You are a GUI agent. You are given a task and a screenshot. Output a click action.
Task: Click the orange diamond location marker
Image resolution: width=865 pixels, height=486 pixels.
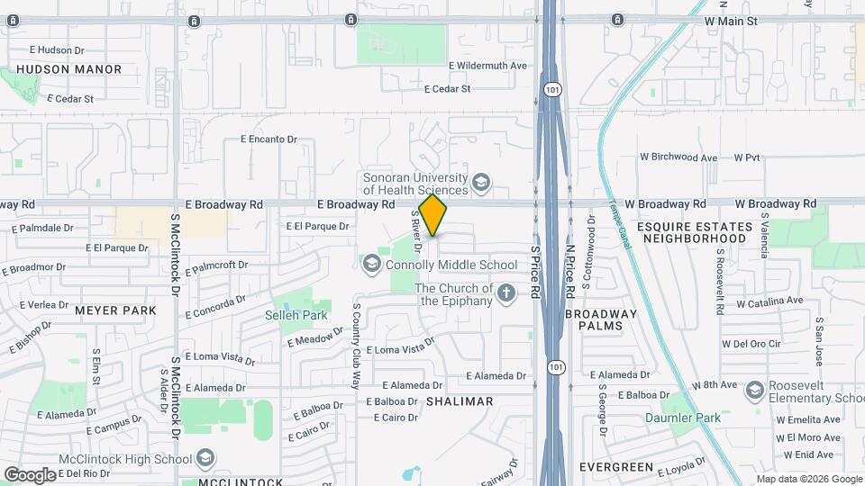click(433, 215)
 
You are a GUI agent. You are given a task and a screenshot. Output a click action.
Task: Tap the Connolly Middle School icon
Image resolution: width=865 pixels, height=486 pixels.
click(370, 265)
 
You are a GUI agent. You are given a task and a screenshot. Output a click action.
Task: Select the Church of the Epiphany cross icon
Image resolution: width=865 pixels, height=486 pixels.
click(506, 292)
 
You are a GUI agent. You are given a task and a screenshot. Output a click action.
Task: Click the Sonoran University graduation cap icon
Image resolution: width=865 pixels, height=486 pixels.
click(481, 184)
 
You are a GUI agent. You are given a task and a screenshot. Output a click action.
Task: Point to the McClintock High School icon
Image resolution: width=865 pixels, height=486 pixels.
click(205, 459)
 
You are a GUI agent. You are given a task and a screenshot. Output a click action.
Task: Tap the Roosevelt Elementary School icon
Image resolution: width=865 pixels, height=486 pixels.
click(753, 388)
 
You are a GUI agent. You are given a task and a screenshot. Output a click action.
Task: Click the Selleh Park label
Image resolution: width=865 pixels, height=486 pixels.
click(296, 315)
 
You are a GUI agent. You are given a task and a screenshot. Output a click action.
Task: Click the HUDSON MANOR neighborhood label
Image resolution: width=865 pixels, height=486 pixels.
click(68, 69)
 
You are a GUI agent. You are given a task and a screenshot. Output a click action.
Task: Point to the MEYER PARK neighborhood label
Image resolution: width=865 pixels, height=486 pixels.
click(115, 310)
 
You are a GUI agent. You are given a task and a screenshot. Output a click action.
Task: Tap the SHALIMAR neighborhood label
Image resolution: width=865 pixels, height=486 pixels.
click(460, 401)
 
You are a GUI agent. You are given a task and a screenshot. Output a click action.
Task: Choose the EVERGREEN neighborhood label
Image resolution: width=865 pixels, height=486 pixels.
click(615, 467)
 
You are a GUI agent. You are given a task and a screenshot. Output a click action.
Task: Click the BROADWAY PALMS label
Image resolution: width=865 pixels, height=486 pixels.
click(601, 320)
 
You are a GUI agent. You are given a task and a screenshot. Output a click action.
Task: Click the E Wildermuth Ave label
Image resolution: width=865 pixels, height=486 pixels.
click(487, 66)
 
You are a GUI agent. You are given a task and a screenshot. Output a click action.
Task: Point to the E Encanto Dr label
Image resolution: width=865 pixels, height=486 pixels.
click(269, 139)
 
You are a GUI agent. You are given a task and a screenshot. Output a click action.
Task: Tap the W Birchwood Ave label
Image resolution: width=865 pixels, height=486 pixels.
click(677, 157)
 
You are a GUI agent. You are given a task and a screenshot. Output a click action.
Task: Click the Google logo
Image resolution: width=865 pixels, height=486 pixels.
click(30, 474)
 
